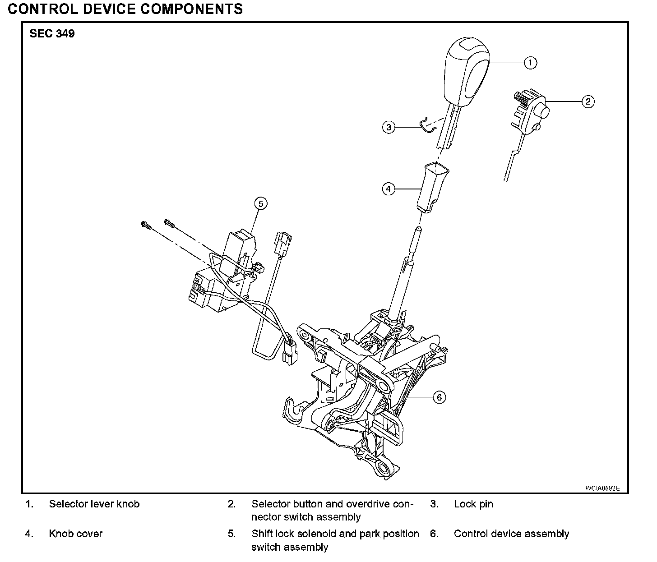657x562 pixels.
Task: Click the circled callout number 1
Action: point(530,63)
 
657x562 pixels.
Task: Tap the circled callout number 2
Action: point(588,101)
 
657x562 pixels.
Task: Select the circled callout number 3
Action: point(389,127)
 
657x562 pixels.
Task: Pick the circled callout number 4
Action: point(389,189)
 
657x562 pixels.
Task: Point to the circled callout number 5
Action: point(261,203)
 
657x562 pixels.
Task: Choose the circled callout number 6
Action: point(439,397)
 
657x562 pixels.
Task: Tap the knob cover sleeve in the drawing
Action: point(432,187)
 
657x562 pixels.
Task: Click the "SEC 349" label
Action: point(52,33)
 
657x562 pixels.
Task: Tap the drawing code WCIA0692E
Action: point(602,488)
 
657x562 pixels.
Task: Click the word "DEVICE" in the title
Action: point(109,9)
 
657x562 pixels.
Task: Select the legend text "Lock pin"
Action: point(473,504)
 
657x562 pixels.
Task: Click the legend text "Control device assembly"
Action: point(511,534)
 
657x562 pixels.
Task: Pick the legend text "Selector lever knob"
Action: point(94,504)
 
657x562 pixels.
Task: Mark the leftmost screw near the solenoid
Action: point(146,225)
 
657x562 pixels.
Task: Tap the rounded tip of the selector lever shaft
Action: point(419,229)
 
